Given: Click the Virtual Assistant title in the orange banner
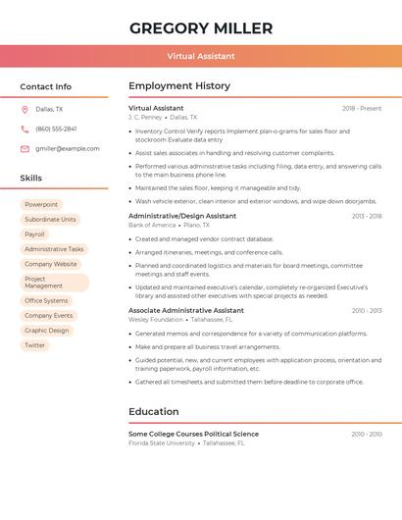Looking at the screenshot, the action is click(x=201, y=57).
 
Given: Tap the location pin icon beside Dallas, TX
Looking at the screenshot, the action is click(x=25, y=110).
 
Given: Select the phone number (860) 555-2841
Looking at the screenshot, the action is click(x=56, y=129).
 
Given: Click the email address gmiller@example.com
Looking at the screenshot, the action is click(x=67, y=148).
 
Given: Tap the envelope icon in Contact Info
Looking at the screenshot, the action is click(x=25, y=148).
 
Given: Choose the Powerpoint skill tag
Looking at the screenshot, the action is click(x=41, y=205).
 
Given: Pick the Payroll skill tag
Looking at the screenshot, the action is click(x=35, y=234).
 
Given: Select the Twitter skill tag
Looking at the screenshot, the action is click(x=35, y=345).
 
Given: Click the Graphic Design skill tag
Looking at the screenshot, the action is click(x=47, y=331).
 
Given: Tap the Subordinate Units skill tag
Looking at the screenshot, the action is click(x=50, y=220).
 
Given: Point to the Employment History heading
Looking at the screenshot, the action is click(x=179, y=86).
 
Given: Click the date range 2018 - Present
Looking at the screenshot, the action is click(x=362, y=108).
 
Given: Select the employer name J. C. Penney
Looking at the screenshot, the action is click(x=145, y=117).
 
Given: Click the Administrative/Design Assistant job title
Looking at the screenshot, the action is click(x=182, y=216).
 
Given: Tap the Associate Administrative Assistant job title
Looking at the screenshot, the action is click(x=186, y=310).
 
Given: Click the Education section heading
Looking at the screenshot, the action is click(x=154, y=412).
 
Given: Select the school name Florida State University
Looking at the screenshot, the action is click(x=162, y=442).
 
